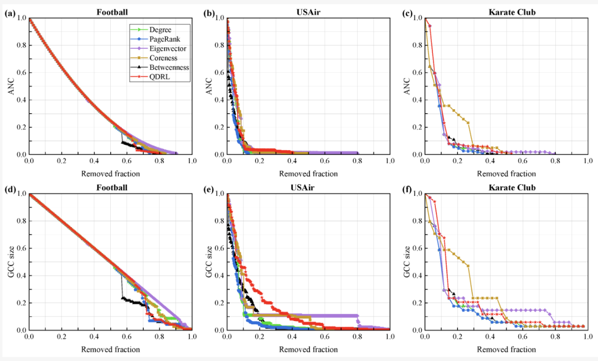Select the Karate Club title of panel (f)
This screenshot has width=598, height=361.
(506, 187)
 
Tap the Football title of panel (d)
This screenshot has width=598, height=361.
(110, 187)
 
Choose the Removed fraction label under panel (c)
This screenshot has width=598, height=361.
(506, 174)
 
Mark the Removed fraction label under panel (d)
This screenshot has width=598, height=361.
(110, 349)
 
